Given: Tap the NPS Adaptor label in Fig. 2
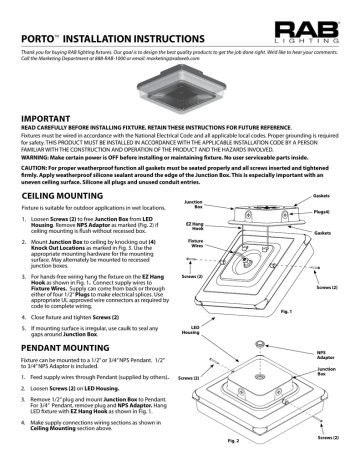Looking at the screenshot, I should tap(335, 382).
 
